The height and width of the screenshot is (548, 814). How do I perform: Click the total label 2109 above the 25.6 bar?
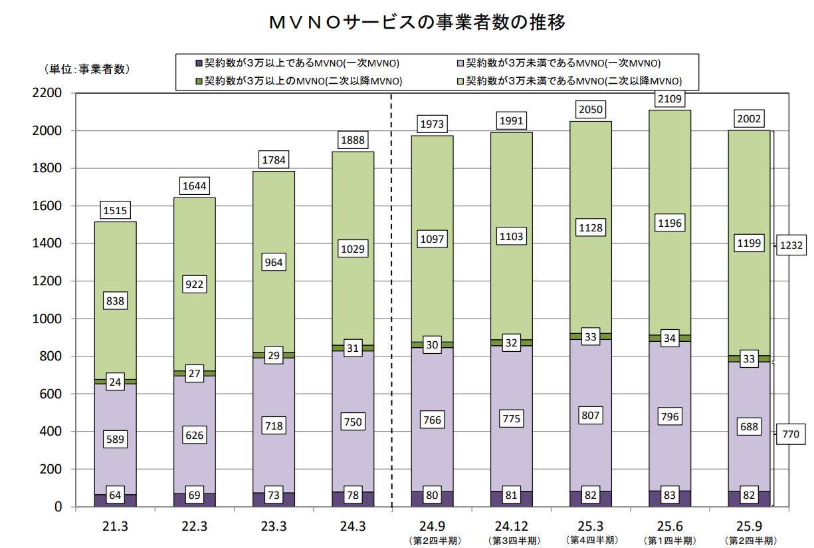point(670,100)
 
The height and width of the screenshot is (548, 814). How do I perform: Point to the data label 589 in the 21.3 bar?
point(115,439)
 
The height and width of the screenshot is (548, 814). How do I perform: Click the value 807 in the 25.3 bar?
point(591,416)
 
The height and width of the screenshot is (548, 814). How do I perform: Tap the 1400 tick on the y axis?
point(48,243)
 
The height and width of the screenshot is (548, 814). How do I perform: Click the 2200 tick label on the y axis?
point(48,93)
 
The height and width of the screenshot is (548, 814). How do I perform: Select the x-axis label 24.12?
point(512,526)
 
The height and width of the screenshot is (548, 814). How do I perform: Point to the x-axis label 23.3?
point(274,526)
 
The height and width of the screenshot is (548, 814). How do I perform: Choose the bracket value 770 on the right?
point(791,434)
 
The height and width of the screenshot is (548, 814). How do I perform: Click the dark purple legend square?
point(198,63)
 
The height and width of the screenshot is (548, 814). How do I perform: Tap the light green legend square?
point(460,81)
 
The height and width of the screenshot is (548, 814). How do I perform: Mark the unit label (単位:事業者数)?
point(87,68)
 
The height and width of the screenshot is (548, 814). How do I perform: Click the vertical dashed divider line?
point(391,299)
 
